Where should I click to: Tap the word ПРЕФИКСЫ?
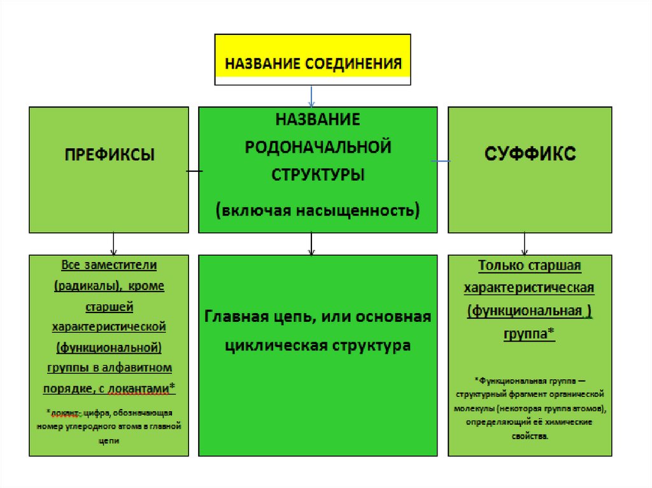pos(109,155)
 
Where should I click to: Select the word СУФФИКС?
pos(530,153)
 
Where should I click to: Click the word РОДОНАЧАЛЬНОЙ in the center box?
pos(318,147)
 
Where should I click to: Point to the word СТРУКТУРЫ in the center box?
pos(318,174)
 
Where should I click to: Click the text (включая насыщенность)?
pos(318,209)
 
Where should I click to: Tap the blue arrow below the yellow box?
pos(311,95)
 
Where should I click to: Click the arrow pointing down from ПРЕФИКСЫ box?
pos(113,244)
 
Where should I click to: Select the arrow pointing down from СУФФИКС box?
pos(524,244)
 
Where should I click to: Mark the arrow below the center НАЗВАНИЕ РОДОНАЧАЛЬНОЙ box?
pos(311,244)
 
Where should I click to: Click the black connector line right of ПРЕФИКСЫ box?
pos(194,171)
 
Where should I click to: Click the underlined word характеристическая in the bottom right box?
pos(529,288)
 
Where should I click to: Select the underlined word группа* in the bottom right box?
pos(529,334)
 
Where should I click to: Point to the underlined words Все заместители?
pos(109,264)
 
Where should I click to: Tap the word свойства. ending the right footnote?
pos(529,437)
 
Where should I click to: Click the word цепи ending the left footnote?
pos(110,440)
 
